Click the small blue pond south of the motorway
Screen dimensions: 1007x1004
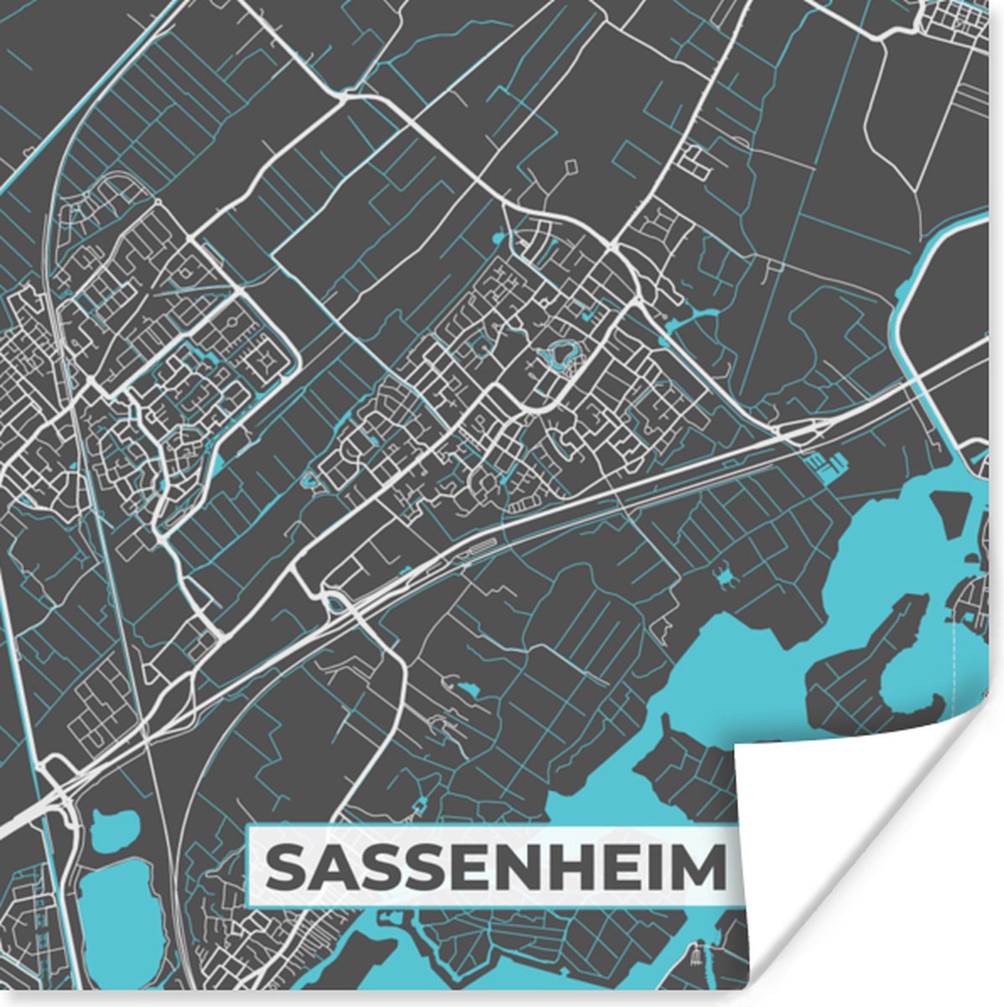(x=466, y=691)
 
